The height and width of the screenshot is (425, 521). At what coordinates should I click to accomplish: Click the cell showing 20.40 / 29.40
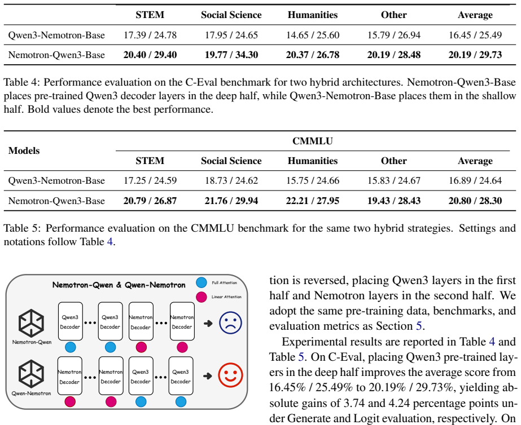tap(150, 55)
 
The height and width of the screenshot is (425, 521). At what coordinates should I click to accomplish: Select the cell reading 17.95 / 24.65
tap(231, 35)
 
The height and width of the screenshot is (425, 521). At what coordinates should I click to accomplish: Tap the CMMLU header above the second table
tap(312, 141)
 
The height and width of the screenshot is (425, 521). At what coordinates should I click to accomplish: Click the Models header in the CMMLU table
tap(24, 150)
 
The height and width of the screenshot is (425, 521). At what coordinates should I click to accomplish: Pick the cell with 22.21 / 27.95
tap(313, 201)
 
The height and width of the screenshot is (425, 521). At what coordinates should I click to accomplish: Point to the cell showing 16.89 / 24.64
tap(475, 180)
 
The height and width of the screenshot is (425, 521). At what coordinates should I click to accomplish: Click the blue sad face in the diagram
tap(230, 323)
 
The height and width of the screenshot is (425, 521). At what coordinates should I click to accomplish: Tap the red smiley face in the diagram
tap(230, 375)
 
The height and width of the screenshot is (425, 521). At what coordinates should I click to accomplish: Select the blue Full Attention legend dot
tap(202, 282)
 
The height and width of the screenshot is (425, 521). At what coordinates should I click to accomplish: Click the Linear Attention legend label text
tap(226, 297)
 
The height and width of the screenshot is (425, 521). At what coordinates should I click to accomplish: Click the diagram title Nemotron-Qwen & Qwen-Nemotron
tap(119, 285)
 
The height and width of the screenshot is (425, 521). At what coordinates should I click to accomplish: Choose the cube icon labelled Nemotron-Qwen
tap(31, 323)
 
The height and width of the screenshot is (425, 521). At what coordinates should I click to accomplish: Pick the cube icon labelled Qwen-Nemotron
tap(31, 374)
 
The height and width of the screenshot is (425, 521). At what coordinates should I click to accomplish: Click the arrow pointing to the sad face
tap(208, 324)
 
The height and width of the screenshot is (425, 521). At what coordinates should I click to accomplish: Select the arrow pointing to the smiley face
tap(207, 376)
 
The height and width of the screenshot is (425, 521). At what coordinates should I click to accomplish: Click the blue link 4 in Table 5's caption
tap(110, 242)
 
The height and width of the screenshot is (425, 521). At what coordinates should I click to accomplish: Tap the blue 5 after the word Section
tap(419, 326)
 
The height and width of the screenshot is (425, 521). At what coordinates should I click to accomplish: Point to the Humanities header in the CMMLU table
tap(313, 161)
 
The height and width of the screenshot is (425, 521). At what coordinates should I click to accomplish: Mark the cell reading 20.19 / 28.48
tap(394, 55)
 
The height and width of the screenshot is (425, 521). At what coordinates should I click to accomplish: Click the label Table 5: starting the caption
tap(22, 228)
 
